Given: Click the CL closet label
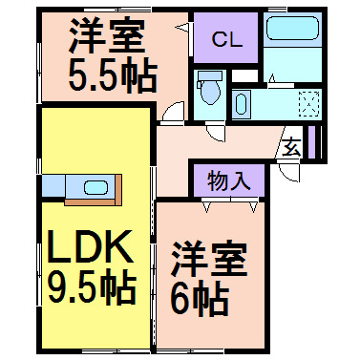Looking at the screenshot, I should pyautogui.click(x=226, y=39).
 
